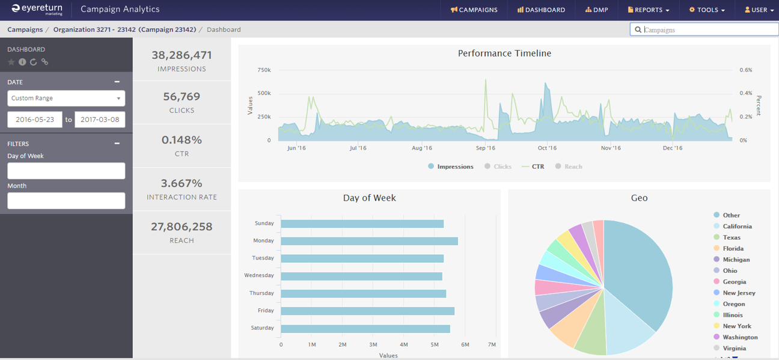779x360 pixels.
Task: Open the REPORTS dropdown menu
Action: pos(649,10)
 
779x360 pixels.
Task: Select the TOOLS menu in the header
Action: pos(707,10)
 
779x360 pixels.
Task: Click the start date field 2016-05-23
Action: pos(34,120)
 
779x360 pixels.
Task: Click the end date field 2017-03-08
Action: pos(100,120)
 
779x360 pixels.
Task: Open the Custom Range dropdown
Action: pos(66,98)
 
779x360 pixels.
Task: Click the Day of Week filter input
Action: pos(66,171)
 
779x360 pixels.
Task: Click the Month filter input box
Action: pos(66,201)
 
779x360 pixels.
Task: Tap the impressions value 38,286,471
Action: pos(182,55)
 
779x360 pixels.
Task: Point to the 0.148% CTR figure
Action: pos(182,140)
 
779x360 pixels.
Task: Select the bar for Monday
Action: pos(369,241)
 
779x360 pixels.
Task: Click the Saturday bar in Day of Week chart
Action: pos(365,329)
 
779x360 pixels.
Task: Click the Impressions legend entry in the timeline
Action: pos(451,166)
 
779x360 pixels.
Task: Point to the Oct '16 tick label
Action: pos(547,148)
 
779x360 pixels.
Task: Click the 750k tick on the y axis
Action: pos(264,70)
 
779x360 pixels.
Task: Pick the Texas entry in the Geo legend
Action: pos(732,237)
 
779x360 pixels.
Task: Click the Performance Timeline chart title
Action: pos(504,53)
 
